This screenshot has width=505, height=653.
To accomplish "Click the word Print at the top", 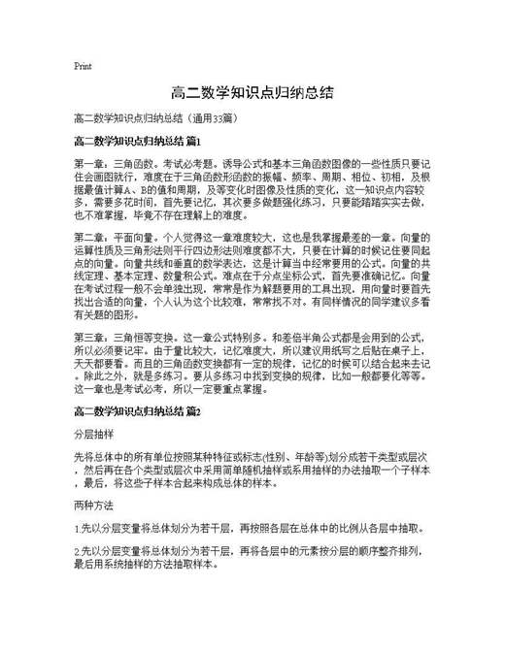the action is coord(83,67).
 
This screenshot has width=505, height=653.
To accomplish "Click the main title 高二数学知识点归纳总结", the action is coord(252,93).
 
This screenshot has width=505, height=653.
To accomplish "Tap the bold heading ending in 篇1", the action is coord(136,142).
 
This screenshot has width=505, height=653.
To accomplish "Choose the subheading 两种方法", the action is coord(92,505).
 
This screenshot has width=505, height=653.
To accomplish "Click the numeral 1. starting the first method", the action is coord(78,529).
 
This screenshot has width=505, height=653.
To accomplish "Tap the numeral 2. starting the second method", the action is coord(78,551).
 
